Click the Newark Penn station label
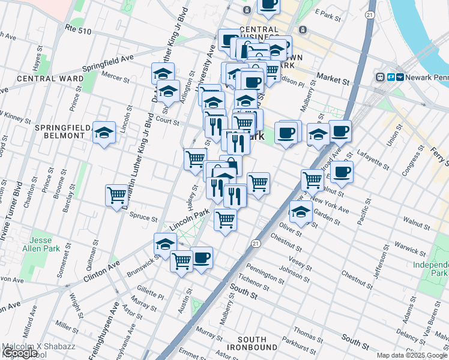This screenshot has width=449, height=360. coord(423,77)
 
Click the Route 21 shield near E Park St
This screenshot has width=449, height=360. coord(370,14)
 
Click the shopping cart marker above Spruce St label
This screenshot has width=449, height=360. coord(116,195)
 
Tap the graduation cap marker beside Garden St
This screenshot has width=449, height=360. coord(301,211)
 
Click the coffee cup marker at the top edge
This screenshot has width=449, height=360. coord(268,5)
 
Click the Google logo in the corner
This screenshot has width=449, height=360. coord(20,353)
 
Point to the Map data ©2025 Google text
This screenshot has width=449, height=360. coord(412,355)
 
